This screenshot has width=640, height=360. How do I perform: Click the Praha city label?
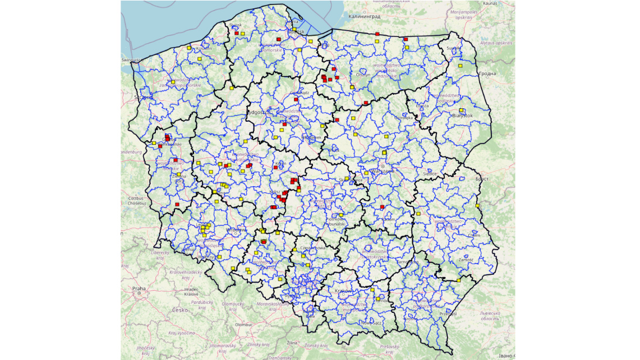139,289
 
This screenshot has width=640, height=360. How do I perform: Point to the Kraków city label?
343,291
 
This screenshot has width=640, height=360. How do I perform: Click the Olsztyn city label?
363,75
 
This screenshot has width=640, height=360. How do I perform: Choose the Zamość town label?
466,260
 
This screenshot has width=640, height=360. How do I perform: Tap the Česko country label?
180,310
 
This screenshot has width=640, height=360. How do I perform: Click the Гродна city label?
487,73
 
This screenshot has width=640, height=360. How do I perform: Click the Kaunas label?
490,3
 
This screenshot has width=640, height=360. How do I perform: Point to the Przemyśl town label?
448,313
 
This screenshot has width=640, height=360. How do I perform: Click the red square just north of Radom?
382,207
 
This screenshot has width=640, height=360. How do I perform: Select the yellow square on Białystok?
461,110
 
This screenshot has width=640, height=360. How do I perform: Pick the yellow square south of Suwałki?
460,66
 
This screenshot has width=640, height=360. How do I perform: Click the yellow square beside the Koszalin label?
189,48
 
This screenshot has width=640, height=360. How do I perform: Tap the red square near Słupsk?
237,34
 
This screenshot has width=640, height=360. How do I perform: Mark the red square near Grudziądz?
296,99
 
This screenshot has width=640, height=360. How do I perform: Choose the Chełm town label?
475,236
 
